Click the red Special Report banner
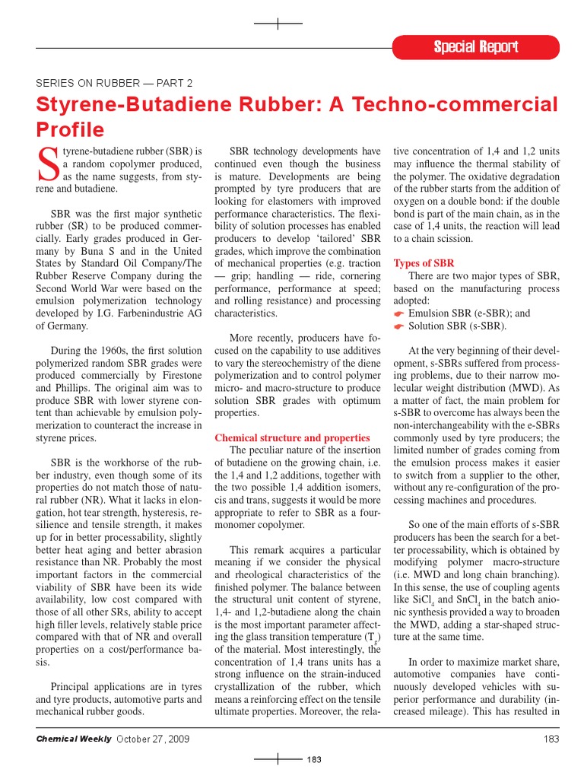pos(476,47)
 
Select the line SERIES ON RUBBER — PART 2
pos(114,83)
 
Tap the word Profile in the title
pos(70,129)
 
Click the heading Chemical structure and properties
pos(292,438)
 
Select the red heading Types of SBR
pos(424,263)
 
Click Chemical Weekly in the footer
pos(74,739)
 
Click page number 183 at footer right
pos(551,739)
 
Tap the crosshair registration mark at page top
pos(278,24)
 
